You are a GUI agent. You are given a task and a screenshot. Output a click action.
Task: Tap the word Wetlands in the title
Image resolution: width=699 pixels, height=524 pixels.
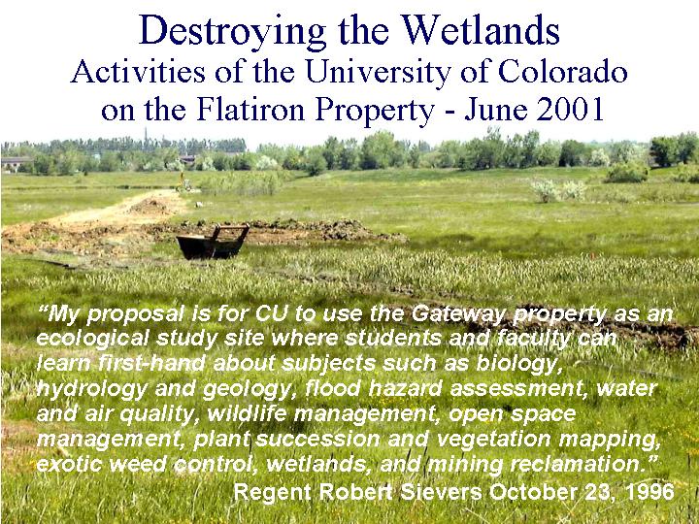(x=481, y=30)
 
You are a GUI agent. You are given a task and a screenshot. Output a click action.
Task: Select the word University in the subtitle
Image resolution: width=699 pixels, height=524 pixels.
(x=378, y=72)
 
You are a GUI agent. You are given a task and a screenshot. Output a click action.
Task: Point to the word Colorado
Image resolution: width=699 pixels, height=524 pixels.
(x=562, y=71)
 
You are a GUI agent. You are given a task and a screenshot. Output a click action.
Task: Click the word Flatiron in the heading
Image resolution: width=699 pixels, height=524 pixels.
(x=250, y=109)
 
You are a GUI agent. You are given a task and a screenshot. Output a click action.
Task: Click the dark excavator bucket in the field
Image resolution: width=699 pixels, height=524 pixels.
(x=213, y=243)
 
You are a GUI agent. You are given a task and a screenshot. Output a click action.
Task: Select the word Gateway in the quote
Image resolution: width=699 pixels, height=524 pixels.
(x=458, y=313)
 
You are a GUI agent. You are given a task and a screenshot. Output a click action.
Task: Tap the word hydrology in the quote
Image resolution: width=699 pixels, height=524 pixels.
(x=91, y=389)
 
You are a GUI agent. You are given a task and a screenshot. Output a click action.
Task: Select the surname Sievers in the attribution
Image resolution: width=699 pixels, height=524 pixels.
(x=441, y=492)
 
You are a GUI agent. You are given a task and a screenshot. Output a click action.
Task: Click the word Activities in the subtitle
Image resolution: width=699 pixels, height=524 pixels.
(x=138, y=72)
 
